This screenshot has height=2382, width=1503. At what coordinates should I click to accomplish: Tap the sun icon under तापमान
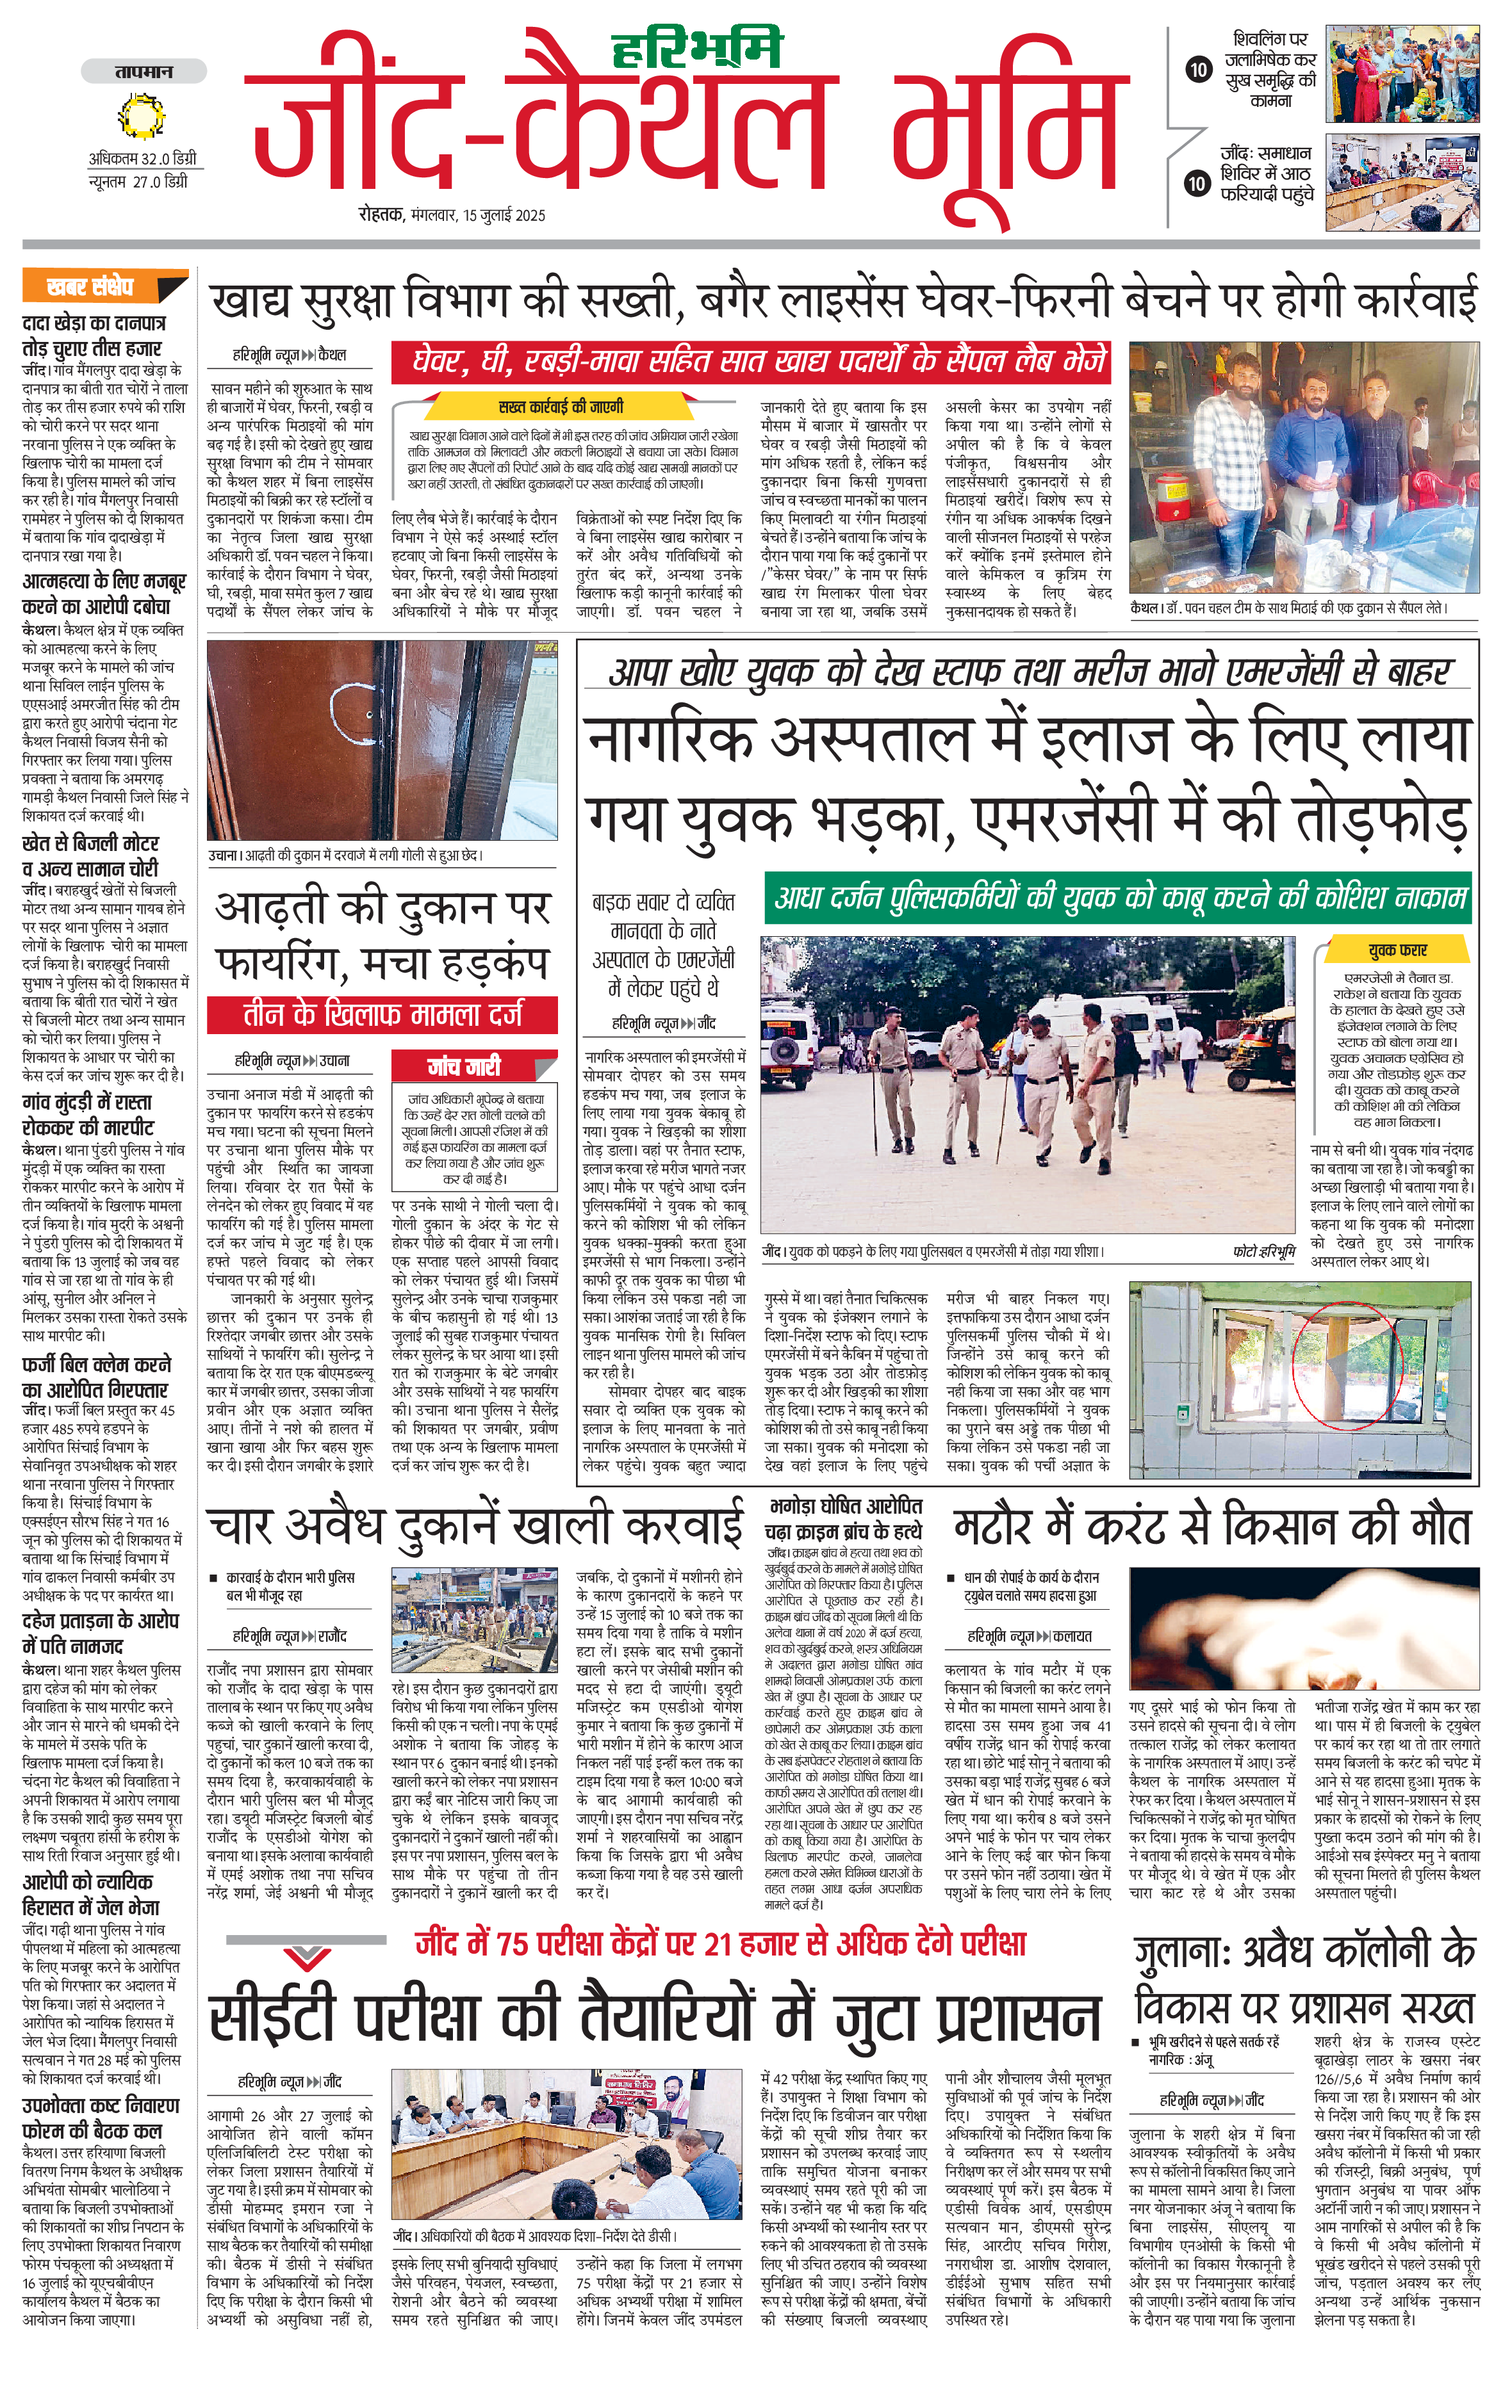coord(144,118)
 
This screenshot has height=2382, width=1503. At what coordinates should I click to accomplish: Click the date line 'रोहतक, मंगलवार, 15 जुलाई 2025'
coord(452,215)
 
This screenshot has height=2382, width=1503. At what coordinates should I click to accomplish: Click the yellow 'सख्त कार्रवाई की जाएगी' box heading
coord(560,407)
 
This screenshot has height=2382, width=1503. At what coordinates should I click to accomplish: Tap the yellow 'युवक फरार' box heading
coord(1397,950)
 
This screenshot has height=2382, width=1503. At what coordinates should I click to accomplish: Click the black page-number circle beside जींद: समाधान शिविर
coord(1197,183)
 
